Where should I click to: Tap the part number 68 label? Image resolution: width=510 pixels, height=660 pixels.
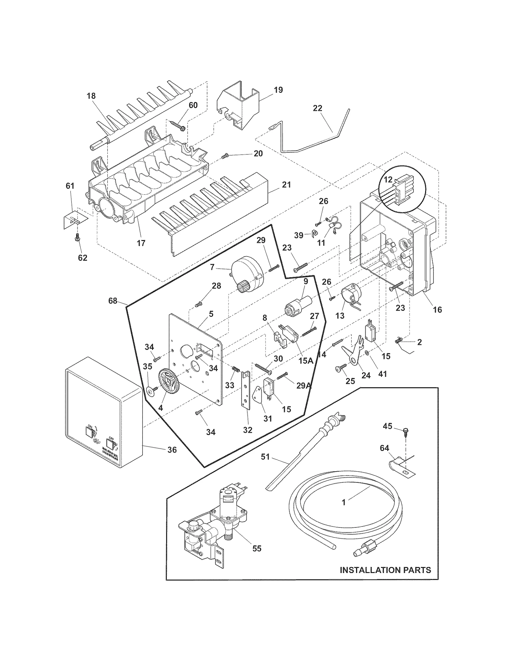[x=113, y=301]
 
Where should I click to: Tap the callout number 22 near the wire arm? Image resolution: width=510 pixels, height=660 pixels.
[x=317, y=108]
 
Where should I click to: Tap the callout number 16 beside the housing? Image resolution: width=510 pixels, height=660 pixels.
[x=437, y=309]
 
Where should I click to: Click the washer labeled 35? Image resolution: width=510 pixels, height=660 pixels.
[x=149, y=390]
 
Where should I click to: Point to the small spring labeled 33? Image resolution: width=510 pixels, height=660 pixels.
[x=236, y=371]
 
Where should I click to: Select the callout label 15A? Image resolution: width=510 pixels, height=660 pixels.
[x=306, y=360]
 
